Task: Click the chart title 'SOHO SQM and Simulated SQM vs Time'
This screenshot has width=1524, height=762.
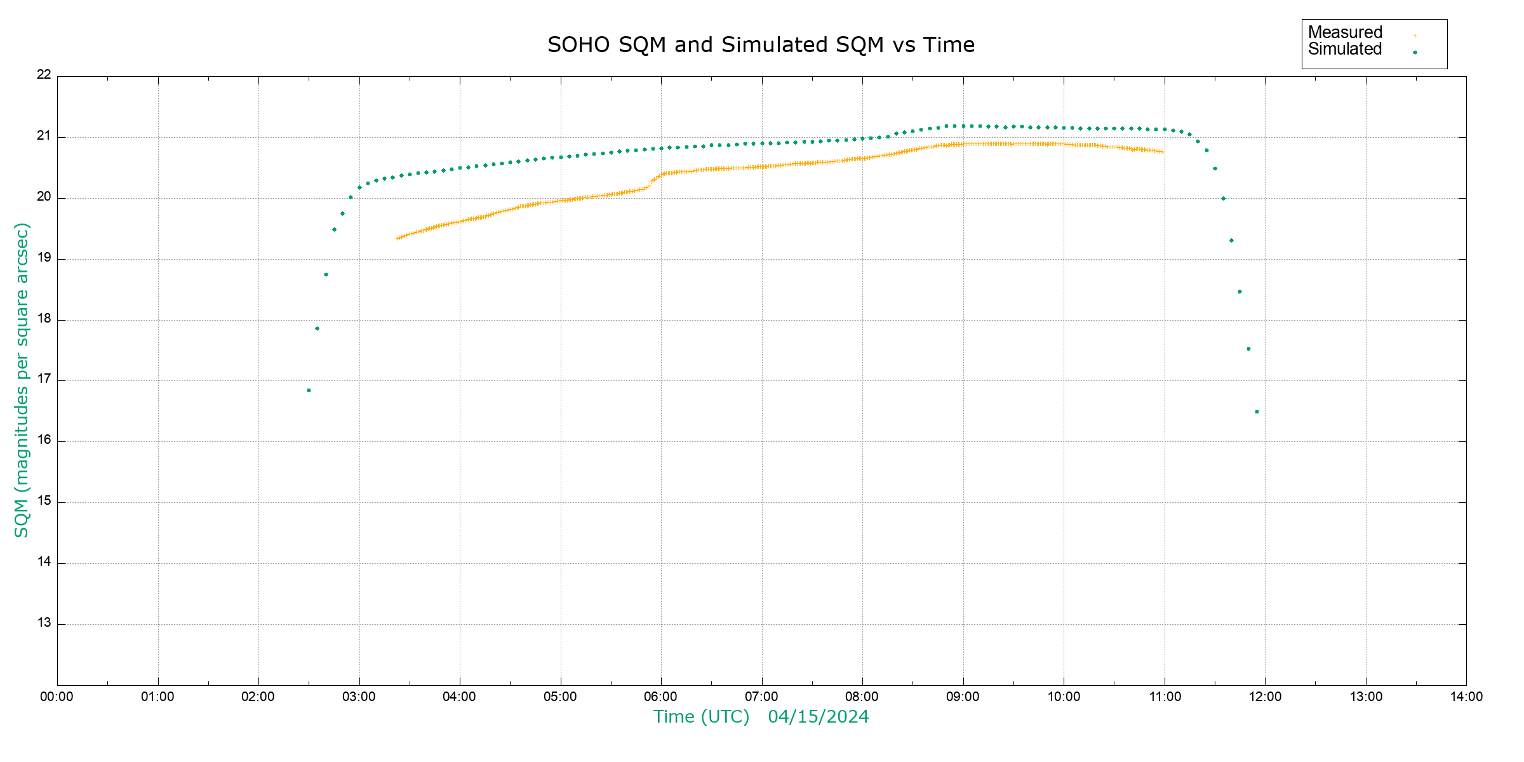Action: coord(761,45)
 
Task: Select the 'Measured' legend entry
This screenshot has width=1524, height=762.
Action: coord(1345,32)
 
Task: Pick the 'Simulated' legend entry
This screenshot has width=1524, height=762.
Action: coord(1345,50)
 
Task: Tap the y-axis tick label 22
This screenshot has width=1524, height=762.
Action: coord(44,74)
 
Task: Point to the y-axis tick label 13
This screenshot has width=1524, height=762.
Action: coord(44,623)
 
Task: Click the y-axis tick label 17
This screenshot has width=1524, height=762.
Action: coord(44,379)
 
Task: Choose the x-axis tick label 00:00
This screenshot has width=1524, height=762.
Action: coord(57,697)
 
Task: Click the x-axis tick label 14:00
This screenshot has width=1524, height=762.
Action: coord(1466,697)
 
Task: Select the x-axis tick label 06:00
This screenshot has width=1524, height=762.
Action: coord(660,697)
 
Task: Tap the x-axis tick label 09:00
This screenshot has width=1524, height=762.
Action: coord(963,697)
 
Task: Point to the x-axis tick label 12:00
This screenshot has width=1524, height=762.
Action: coord(1265,697)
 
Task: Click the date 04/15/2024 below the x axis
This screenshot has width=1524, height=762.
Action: coord(818,717)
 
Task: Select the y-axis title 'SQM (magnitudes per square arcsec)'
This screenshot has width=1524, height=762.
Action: coord(22,380)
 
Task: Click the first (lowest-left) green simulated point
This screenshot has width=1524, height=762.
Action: coord(309,391)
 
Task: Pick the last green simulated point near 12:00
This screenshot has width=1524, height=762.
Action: coord(1257,412)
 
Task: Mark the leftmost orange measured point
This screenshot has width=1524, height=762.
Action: coord(398,239)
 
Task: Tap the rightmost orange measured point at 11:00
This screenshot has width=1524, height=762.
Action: coord(1163,152)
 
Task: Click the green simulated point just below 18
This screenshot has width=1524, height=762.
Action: coord(317,329)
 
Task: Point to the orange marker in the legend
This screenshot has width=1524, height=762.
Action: coord(1415,36)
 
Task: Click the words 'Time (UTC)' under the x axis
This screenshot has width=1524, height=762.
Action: coord(701,717)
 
